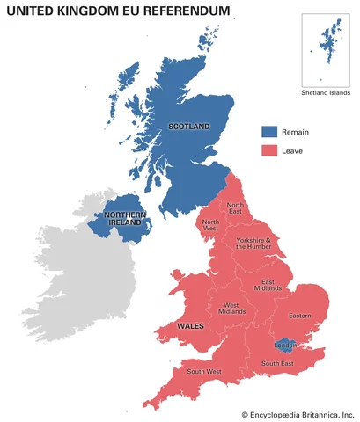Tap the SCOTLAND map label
click(x=188, y=127)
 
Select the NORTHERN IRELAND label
click(x=125, y=219)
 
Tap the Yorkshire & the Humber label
click(x=254, y=244)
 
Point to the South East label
click(x=276, y=363)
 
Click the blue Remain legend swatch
click(x=268, y=132)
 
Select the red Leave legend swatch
click(x=268, y=150)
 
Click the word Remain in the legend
click(x=295, y=132)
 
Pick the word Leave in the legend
click(x=292, y=150)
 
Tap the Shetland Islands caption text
click(x=325, y=92)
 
